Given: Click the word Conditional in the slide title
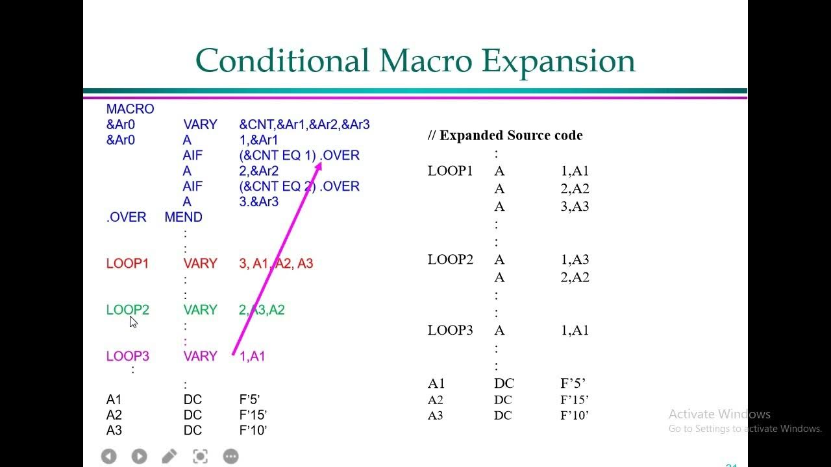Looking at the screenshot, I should pos(282,60).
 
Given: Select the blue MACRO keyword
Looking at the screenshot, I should pos(130,109).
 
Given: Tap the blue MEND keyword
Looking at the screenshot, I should pos(183,217).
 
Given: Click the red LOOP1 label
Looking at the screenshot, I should pos(127,263).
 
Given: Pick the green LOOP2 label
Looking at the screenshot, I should pos(127,310).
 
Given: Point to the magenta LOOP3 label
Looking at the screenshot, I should pos(127,356).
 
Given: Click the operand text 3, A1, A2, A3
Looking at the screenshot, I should pos(276,263).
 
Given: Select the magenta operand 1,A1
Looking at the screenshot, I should pos(252,356).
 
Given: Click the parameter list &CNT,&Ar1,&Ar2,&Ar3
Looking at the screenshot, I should pos(304,125).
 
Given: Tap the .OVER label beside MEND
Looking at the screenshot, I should pos(126,217).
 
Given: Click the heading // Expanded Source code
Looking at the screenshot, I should pos(504,136).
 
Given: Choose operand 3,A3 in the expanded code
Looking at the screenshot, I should pos(575,206).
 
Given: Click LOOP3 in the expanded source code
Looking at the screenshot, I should pos(450,330).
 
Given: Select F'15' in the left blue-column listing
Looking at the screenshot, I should pos(253,415).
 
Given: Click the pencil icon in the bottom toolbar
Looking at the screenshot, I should pos(169,457).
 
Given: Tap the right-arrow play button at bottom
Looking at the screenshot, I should pos(139,457).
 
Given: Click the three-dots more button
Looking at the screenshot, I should pos(230,457).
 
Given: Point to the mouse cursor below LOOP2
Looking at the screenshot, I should pos(132,322).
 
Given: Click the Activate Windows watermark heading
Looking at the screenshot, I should pos(719,414).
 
